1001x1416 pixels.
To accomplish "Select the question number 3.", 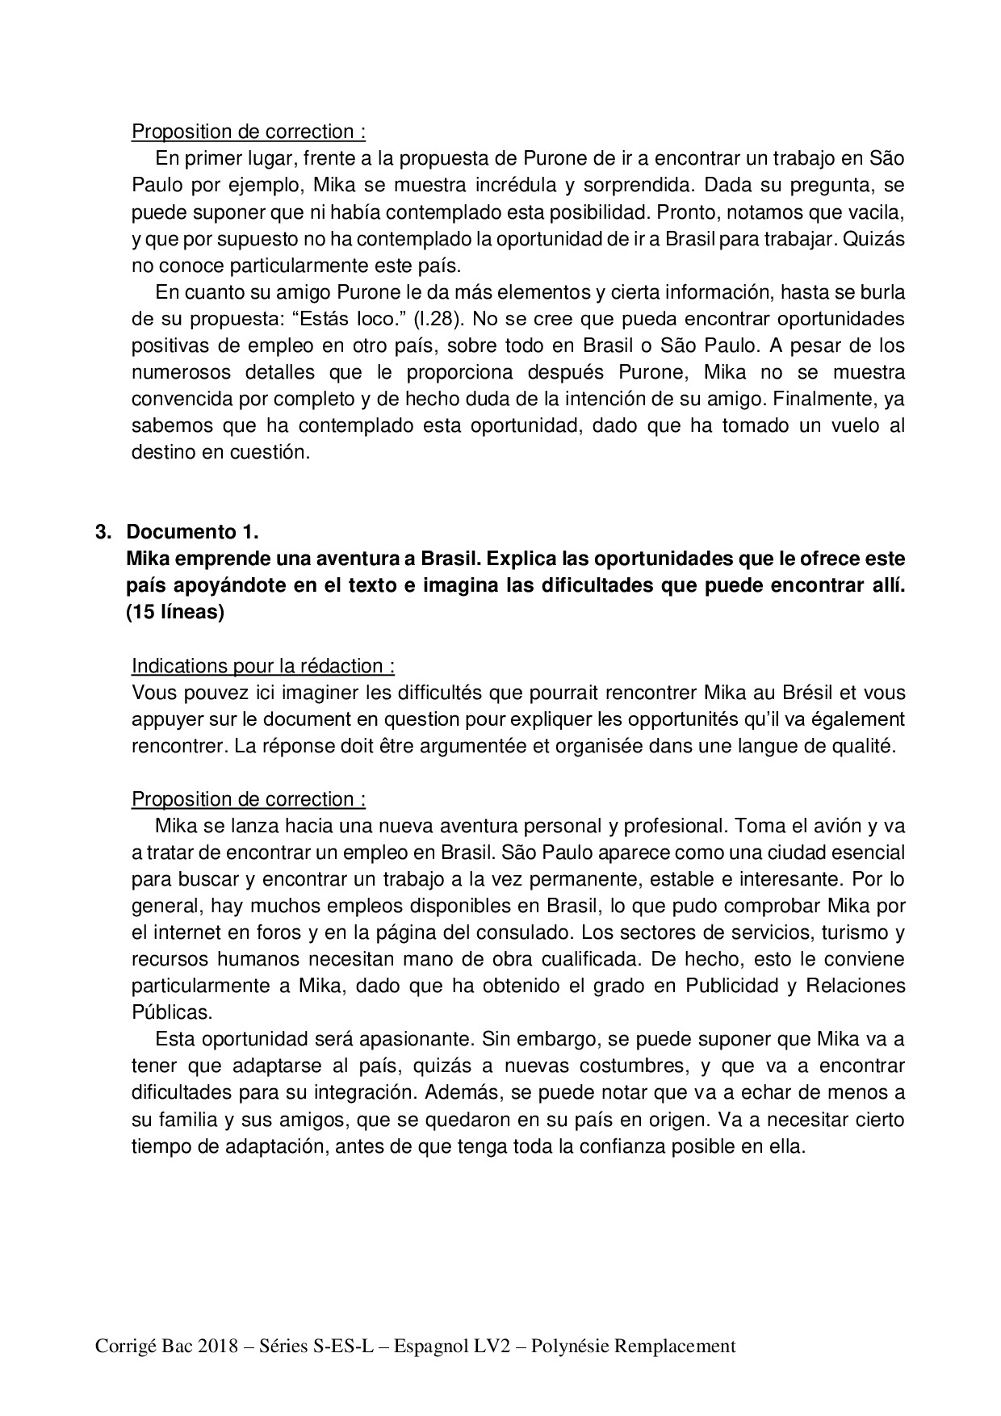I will tap(102, 532).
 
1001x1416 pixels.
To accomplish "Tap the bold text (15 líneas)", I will tap(175, 612).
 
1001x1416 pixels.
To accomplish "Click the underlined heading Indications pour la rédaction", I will tap(262, 666).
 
